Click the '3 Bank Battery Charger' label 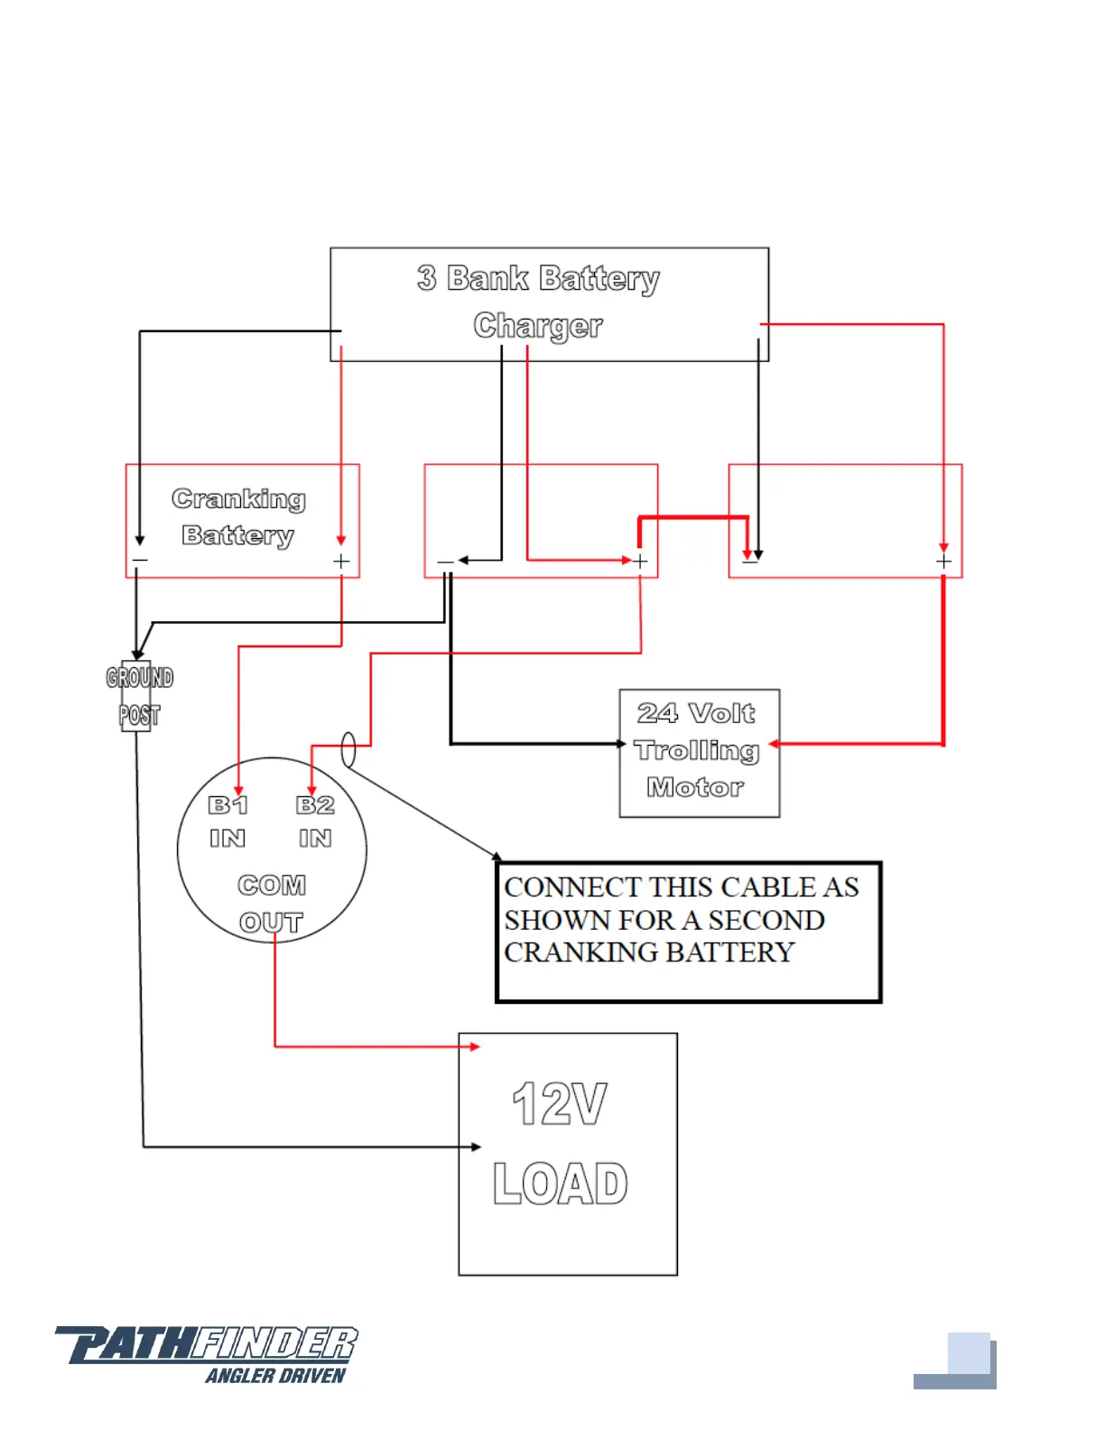coord(539,302)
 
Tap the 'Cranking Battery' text coord(238,516)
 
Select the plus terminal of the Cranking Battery coord(341,562)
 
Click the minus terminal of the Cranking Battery coord(140,561)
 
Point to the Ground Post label coord(139,696)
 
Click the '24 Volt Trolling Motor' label coord(696,750)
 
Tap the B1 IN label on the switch coord(227,821)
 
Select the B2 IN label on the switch coord(315,821)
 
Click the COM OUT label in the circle coord(272,903)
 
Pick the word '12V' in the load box coord(560,1103)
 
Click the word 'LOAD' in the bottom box coord(561,1184)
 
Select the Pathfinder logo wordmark coord(207,1344)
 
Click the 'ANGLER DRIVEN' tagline coord(275,1376)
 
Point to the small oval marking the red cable coord(348,749)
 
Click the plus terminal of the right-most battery coord(943,562)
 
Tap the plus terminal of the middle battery coord(640,562)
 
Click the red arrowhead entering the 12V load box coord(475,1046)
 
